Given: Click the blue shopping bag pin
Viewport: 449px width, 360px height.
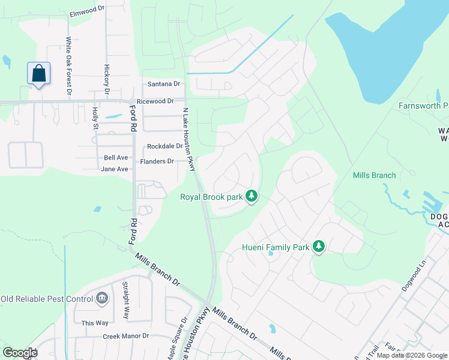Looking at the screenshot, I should pos(38,74).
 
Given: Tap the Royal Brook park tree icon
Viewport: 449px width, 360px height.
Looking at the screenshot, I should pos(253,196).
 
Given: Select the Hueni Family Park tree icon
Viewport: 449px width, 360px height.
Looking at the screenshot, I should pos(319,247).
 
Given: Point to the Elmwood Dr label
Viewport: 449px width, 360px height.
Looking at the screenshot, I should pos(87,13).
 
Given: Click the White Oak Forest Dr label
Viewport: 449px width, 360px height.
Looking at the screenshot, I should pos(69,67).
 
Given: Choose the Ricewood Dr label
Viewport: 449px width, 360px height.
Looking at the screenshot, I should pos(155,102).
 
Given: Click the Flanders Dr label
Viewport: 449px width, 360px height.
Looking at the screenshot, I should pos(157,161).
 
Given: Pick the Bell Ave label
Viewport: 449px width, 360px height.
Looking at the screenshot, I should pos(116,158).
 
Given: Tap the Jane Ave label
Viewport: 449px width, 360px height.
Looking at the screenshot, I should pos(114,169).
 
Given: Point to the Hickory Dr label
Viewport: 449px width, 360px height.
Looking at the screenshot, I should pos(107,80).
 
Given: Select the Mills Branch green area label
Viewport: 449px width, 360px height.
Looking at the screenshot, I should pos(374,175).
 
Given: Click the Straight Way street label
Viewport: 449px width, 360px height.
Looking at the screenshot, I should pos(125,300).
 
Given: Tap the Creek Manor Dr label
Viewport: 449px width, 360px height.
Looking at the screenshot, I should pos(125,337).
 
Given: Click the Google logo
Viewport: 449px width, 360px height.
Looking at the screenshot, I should pos(19,352).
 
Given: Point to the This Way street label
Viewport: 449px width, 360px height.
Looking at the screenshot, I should pos(95,323).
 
